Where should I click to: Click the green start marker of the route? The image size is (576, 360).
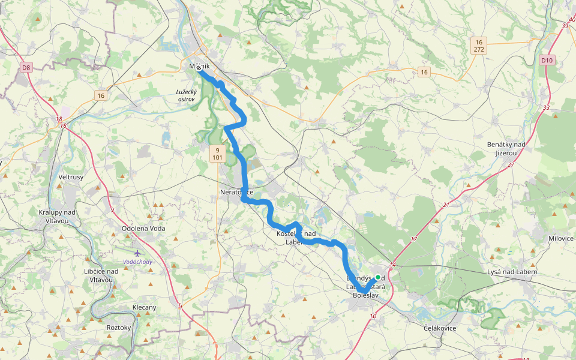(378, 277)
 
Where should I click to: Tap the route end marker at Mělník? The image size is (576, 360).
(199, 67)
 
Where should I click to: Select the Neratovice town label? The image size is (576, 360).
(237, 192)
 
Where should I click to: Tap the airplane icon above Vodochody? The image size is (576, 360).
(137, 253)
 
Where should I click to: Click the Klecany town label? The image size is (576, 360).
(144, 308)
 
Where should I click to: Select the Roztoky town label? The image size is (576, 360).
(118, 328)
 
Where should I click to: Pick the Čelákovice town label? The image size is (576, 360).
(440, 328)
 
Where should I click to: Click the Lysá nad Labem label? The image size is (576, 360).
(512, 272)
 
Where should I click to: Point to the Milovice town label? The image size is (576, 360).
(561, 238)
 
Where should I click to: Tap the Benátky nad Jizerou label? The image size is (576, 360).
(506, 149)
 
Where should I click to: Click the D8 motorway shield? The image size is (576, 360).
(26, 68)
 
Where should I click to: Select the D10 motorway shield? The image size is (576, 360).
(546, 60)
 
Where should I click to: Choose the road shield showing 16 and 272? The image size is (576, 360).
(478, 46)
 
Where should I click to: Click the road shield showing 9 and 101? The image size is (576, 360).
(217, 154)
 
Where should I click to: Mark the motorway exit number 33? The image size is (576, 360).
(546, 108)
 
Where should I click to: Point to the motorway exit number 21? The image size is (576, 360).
(446, 205)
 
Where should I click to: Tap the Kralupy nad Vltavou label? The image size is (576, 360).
(57, 217)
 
